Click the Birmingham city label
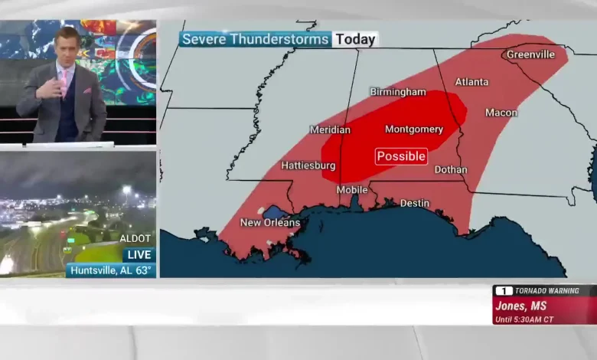tap(398, 92)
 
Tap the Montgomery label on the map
tap(413, 129)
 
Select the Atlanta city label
tap(471, 82)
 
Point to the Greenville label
tap(530, 55)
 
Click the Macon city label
tap(501, 113)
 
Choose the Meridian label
tap(330, 130)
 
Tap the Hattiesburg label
tap(308, 165)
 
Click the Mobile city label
tap(352, 190)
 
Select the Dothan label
tap(451, 170)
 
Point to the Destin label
tap(415, 204)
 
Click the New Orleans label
tap(270, 223)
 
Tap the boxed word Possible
tap(401, 156)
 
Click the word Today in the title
tap(356, 39)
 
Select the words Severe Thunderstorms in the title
tap(256, 39)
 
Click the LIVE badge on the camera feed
tap(139, 254)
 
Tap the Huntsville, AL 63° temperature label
tap(111, 270)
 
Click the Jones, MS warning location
tap(521, 306)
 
